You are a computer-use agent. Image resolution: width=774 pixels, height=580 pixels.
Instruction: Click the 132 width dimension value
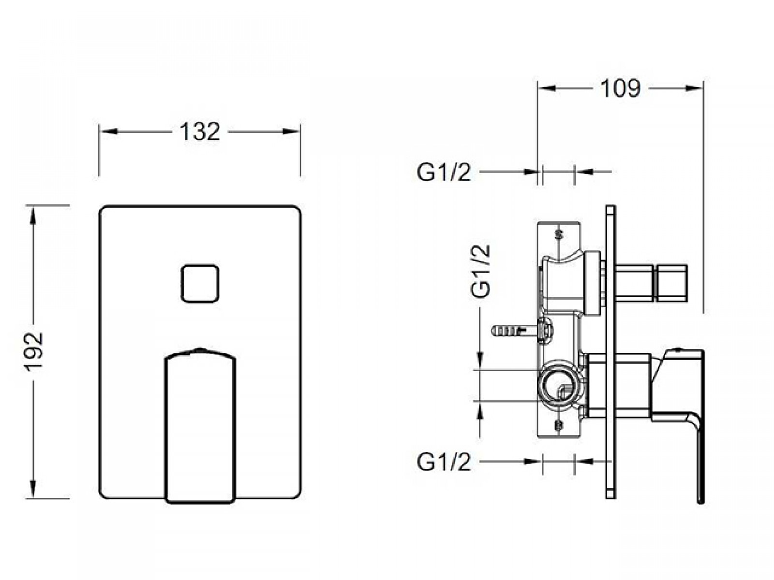[200, 131]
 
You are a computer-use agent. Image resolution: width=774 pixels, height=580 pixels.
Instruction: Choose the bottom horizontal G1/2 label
[444, 463]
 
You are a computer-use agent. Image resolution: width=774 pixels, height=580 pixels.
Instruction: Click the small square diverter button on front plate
[200, 284]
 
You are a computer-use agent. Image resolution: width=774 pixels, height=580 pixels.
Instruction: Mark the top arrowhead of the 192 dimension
[33, 216]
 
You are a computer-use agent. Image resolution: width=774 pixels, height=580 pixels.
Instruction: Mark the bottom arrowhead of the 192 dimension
[33, 489]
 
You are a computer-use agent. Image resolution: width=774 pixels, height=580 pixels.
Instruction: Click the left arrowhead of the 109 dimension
[547, 88]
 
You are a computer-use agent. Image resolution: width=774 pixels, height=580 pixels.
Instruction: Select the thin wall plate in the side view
[610, 352]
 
